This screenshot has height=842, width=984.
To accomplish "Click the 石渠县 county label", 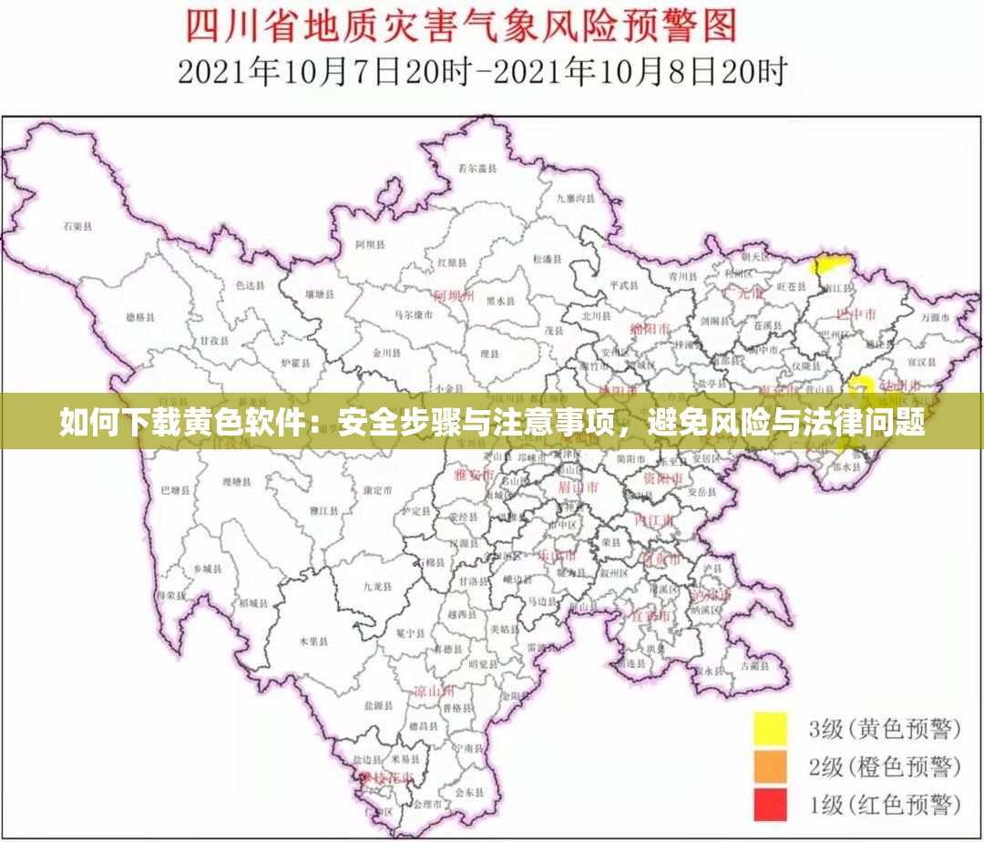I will coord(78,224).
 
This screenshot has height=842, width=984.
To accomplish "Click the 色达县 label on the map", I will coord(250,285).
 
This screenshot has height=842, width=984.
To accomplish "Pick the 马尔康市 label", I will coord(413,314).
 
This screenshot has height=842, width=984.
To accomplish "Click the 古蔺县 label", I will coord(753,666).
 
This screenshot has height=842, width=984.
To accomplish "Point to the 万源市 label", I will coord(935,318).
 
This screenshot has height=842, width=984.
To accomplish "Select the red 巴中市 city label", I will coord(856,314).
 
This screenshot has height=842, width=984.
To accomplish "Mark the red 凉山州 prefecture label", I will coord(434,692).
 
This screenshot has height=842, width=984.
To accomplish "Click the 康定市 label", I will coord(377,489).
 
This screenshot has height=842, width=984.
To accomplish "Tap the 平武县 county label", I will coord(626,284).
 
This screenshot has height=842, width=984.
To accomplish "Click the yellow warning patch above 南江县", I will coord(828,265).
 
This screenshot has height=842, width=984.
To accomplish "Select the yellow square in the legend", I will coord(770,729).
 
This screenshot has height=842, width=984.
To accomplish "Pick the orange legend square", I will coord(770,767).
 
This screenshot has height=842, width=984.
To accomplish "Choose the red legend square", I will coord(770,805).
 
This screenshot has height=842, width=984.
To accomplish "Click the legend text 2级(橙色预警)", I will coord(885,767).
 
